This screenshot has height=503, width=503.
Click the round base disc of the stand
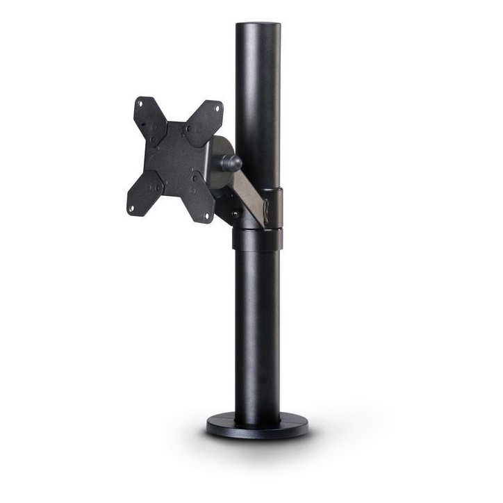258,426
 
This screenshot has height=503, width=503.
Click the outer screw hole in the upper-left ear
140,104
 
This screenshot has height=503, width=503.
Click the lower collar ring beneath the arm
258,238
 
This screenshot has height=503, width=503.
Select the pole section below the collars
257,327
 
